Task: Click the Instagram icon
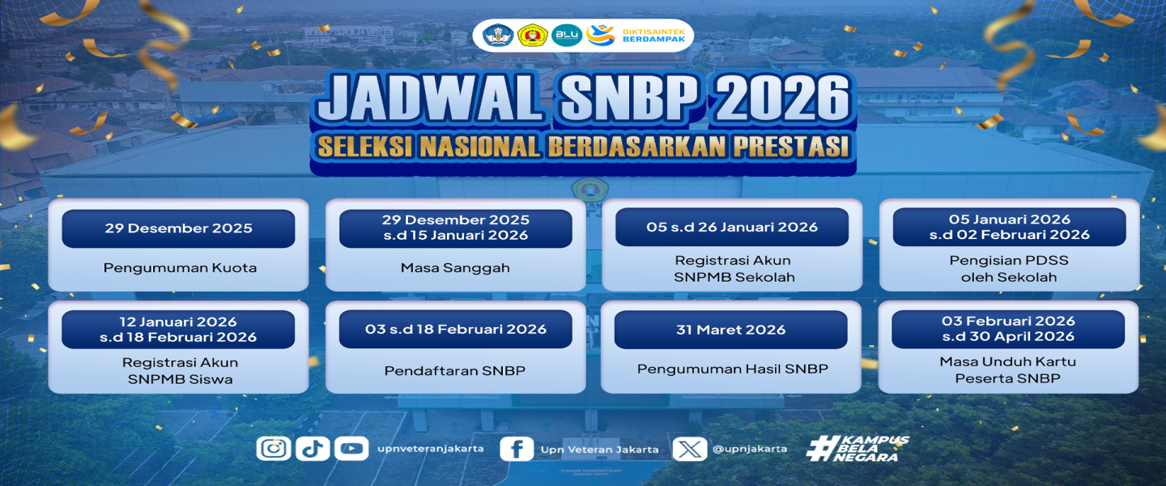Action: click(274, 448)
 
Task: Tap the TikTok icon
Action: click(313, 448)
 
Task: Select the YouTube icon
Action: click(351, 448)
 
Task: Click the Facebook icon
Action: click(517, 449)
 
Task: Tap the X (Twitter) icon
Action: click(690, 449)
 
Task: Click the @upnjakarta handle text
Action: click(750, 449)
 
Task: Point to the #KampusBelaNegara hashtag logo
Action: click(857, 449)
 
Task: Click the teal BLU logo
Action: click(566, 36)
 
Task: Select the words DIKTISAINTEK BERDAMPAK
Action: click(653, 36)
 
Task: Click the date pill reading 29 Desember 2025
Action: click(178, 228)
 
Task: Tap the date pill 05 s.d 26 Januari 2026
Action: click(732, 227)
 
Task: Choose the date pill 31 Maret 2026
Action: click(731, 330)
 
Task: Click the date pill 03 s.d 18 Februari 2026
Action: click(455, 329)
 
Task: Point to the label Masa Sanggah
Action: click(455, 268)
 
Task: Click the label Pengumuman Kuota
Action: click(180, 268)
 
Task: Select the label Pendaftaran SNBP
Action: click(455, 371)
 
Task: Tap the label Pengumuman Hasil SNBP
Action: click(732, 369)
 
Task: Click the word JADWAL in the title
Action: click(431, 97)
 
